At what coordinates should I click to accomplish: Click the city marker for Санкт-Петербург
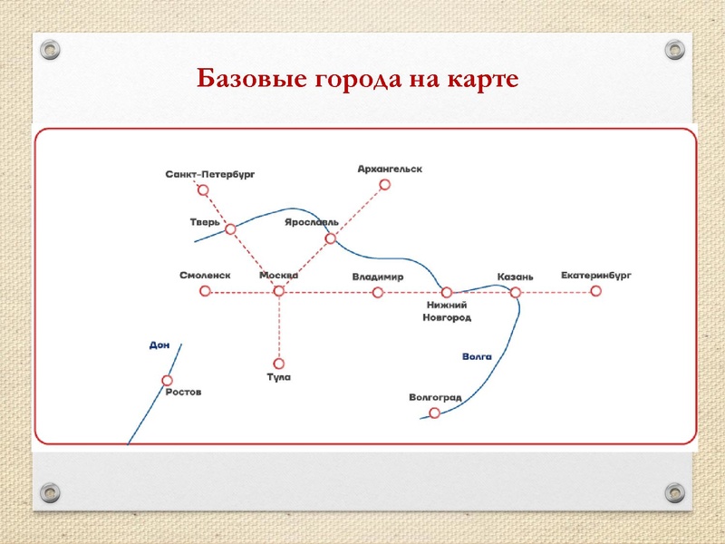point(203,190)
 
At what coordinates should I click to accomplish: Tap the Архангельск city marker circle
point(384,184)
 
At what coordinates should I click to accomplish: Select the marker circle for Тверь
point(230,229)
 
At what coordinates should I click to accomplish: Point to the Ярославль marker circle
point(331,239)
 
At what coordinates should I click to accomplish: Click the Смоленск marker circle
point(205,291)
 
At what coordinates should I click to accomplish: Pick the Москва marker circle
point(278,291)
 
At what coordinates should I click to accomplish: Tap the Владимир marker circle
point(378,292)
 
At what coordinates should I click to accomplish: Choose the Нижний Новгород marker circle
point(446,292)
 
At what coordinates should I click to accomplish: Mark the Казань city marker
point(515,292)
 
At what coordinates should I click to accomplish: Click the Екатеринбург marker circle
point(595,291)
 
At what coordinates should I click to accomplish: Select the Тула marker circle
point(278,364)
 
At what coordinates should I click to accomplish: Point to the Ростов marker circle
point(167,381)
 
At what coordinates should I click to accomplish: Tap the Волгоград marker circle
point(434,413)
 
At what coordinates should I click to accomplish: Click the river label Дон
point(159,345)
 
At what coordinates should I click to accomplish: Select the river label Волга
point(477,357)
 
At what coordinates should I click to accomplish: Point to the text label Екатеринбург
point(595,275)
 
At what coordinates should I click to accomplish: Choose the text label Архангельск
point(390,169)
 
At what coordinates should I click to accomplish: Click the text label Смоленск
point(205,276)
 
